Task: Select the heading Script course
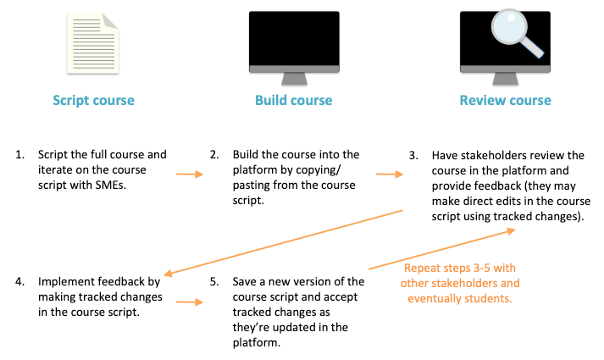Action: (x=94, y=101)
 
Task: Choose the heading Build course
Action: (x=294, y=101)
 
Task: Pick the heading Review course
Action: (x=505, y=101)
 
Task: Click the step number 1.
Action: (x=19, y=155)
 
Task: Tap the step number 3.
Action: (x=413, y=156)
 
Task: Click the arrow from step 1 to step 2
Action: (x=190, y=175)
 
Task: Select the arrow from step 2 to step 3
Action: (x=389, y=175)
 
